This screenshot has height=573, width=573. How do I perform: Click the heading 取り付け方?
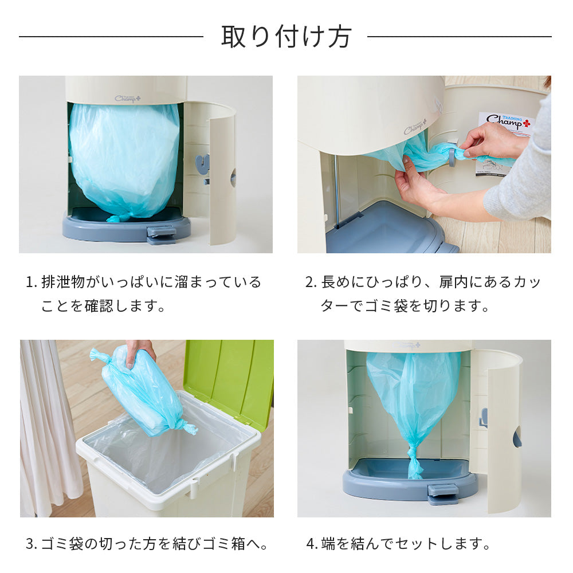click(x=286, y=37)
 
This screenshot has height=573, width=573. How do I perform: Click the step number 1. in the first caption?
click(x=31, y=282)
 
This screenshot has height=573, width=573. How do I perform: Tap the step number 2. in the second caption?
click(x=311, y=282)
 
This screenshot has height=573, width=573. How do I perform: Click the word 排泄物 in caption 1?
click(x=63, y=282)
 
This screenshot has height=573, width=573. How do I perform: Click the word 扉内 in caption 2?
click(x=454, y=282)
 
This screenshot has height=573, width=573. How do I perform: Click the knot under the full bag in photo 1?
click(x=117, y=218)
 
